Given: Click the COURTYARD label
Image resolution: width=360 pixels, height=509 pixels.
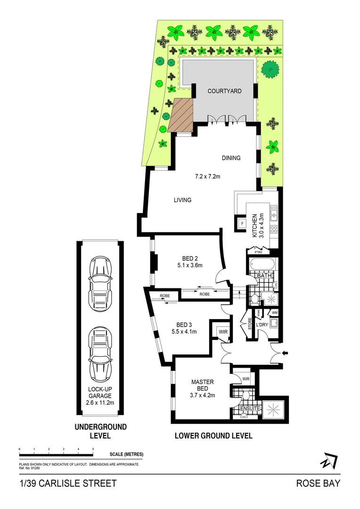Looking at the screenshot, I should pyautogui.click(x=224, y=91).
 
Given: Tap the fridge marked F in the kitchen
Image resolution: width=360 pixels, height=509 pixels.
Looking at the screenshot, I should pyautogui.click(x=242, y=223).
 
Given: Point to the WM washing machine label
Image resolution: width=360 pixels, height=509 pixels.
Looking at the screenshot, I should pyautogui.click(x=275, y=313).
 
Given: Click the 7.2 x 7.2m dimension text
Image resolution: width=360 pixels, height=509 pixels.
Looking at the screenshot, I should pyautogui.click(x=208, y=177).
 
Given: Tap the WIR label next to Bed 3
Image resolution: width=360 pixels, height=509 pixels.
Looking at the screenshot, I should pyautogui.click(x=223, y=332).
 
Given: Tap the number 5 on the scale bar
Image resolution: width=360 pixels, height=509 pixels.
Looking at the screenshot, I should pyautogui.click(x=93, y=449).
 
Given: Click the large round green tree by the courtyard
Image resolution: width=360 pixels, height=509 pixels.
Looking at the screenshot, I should pyautogui.click(x=270, y=70).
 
